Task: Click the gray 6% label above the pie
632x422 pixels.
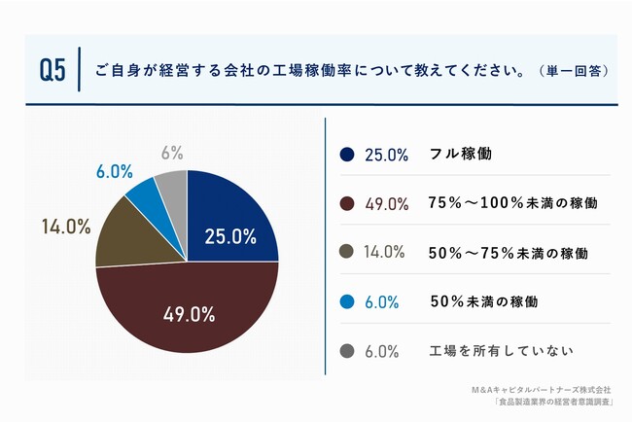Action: click(x=172, y=153)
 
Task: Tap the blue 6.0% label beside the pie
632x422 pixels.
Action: click(x=114, y=171)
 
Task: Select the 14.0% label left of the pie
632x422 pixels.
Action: click(x=66, y=227)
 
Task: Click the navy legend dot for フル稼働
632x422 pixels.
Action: click(x=346, y=155)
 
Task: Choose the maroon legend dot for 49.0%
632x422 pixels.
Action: click(x=346, y=203)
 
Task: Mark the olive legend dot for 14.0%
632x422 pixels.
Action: click(x=346, y=252)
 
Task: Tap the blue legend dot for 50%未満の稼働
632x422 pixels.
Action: click(x=346, y=301)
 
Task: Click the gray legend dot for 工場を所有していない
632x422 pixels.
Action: click(x=346, y=350)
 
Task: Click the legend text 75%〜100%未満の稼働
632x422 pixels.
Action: click(x=511, y=203)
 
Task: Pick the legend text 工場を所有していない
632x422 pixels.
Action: click(x=502, y=350)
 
